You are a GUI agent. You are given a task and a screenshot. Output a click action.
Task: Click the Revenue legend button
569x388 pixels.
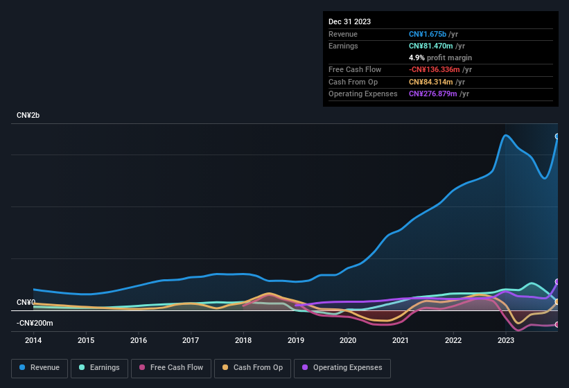pyautogui.click(x=40, y=368)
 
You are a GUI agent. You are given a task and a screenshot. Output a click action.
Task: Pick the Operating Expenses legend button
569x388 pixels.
pyautogui.click(x=342, y=368)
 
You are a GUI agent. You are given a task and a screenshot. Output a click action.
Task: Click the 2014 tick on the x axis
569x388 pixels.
pyautogui.click(x=33, y=340)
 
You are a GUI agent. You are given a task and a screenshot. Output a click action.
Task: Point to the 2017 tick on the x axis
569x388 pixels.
pyautogui.click(x=191, y=340)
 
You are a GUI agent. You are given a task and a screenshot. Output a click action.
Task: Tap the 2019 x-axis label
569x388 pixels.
pyautogui.click(x=296, y=340)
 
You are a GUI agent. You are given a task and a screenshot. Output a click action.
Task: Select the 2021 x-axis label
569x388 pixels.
pyautogui.click(x=400, y=340)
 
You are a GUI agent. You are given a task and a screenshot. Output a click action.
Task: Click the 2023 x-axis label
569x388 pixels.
pyautogui.click(x=505, y=340)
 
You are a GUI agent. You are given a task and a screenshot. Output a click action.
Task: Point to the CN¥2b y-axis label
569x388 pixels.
pyautogui.click(x=28, y=115)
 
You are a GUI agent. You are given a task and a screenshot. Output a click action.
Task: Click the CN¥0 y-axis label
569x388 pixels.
pyautogui.click(x=26, y=303)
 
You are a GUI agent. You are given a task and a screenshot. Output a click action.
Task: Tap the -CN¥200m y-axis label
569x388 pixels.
pyautogui.click(x=35, y=324)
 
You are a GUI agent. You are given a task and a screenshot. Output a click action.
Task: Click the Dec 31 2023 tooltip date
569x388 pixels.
pyautogui.click(x=349, y=21)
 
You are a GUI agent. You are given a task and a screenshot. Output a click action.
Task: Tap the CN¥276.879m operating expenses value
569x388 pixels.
pyautogui.click(x=433, y=94)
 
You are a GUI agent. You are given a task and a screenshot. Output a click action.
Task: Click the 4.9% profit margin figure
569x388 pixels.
pyautogui.click(x=416, y=58)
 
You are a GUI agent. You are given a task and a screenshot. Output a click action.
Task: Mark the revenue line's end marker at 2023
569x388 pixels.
pyautogui.click(x=557, y=136)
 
